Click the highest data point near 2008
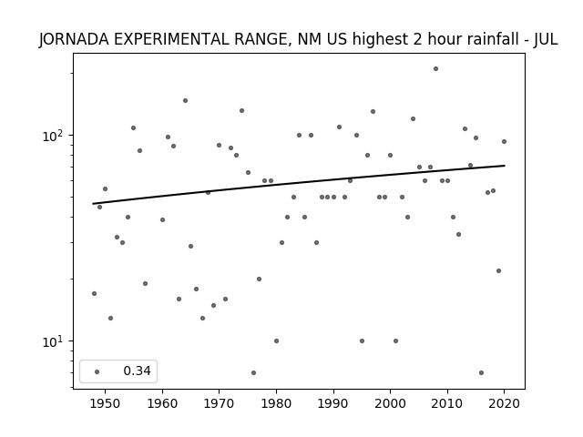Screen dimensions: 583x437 point(435,69)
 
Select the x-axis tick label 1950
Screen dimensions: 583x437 point(105,403)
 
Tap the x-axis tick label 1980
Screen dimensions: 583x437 point(276,403)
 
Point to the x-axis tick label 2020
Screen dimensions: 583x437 point(504,403)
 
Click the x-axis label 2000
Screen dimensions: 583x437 point(390,403)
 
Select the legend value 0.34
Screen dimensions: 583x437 point(137,371)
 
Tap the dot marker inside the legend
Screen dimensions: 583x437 point(97,371)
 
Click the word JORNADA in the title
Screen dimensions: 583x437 point(74,39)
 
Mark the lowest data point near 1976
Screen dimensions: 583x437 point(253,372)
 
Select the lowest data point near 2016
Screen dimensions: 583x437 point(482,372)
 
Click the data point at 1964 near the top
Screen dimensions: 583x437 point(185,101)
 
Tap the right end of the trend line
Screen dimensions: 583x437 point(505,166)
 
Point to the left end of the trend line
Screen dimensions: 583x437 point(93,204)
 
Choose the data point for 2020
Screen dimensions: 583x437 point(504,142)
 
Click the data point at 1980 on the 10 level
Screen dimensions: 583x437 point(276,341)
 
